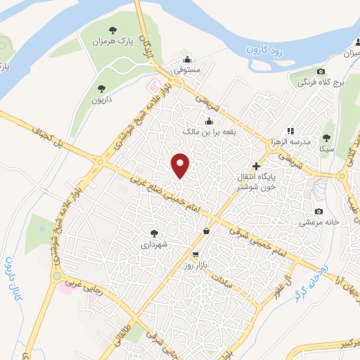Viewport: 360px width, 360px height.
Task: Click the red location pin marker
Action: (181, 165)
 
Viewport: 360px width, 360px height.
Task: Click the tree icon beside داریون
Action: (102, 89)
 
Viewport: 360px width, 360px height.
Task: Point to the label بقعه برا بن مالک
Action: (207, 131)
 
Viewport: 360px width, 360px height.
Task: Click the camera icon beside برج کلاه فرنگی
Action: (321, 71)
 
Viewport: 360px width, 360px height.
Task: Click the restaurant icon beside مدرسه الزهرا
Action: (290, 131)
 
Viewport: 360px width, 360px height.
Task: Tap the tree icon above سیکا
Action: (326, 138)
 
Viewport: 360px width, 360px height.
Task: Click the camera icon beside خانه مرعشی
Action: (319, 211)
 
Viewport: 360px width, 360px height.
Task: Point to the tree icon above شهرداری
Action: (154, 232)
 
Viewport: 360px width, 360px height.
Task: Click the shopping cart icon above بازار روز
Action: (195, 255)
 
